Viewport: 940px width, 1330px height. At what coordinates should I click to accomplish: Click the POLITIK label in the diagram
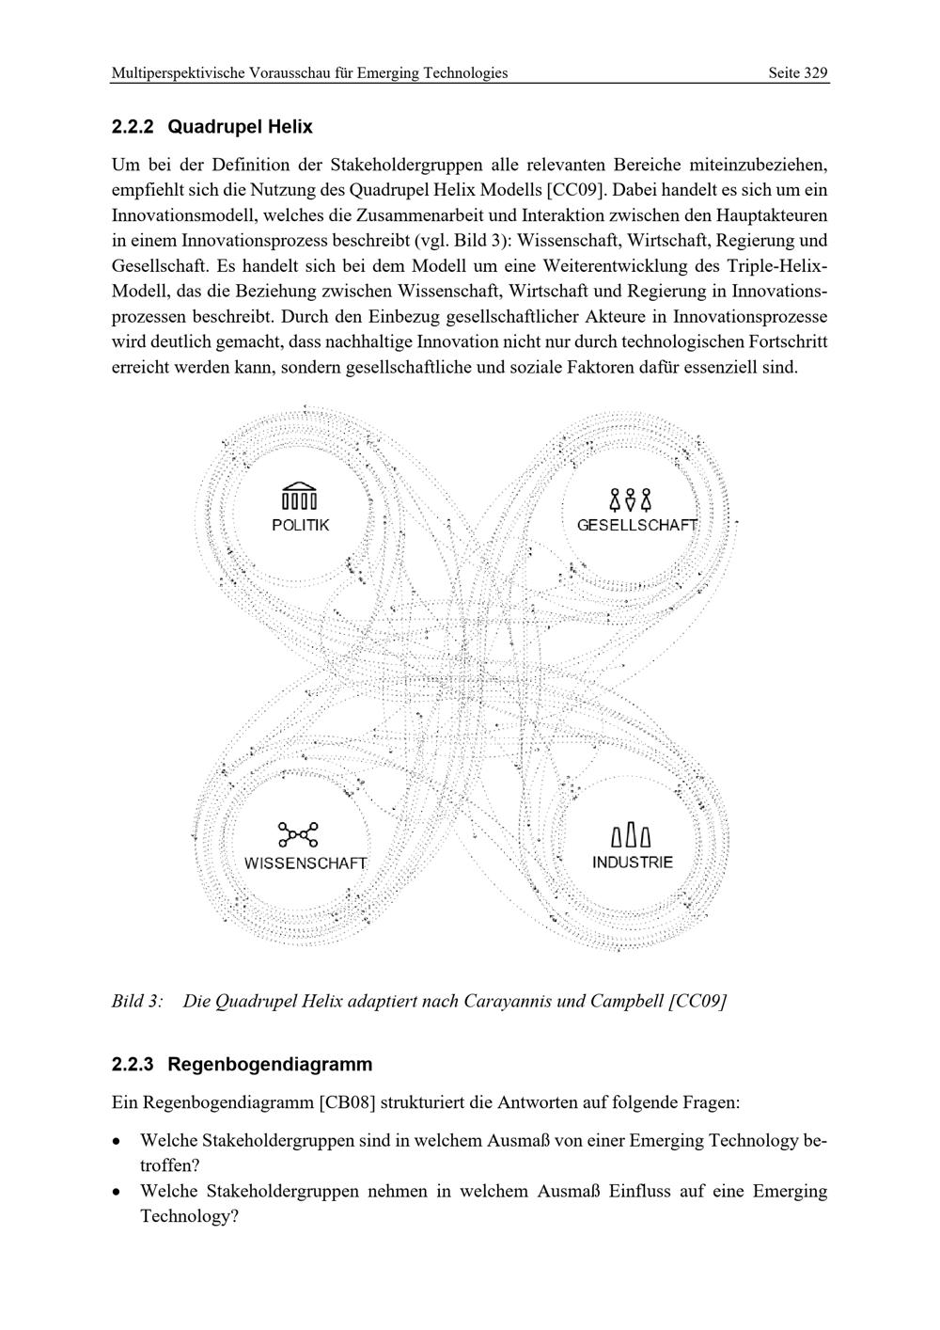[x=301, y=525]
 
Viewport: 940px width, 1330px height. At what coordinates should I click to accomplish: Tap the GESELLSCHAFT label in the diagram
[x=637, y=525]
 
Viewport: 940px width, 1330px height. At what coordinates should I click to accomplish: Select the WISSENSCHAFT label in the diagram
[x=305, y=863]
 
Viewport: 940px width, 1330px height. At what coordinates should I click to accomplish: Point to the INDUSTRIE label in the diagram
[x=633, y=863]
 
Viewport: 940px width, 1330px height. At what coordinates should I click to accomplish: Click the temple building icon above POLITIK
[x=300, y=496]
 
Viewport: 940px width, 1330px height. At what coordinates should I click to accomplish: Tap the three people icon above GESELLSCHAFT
[x=631, y=499]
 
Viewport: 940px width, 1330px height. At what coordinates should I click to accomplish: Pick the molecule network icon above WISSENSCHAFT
[x=298, y=834]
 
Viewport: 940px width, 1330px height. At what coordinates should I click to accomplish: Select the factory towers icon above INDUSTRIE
[x=631, y=834]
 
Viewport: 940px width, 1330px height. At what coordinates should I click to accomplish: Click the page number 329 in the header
[x=815, y=72]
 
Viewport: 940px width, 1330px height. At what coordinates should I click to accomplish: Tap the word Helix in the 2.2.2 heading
[x=286, y=126]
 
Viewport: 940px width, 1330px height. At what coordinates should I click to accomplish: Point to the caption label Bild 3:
[x=137, y=1001]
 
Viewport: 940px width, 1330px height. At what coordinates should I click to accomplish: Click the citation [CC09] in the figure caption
[x=697, y=1001]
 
